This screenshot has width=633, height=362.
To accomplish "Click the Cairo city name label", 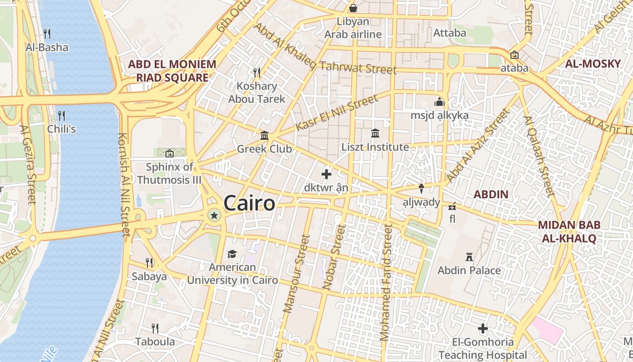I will (x=249, y=203).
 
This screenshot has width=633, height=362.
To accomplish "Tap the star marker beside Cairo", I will (x=214, y=216).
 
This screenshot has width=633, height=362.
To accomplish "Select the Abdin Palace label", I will (x=469, y=271).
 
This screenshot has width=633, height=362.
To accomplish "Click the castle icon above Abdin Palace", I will (x=469, y=257).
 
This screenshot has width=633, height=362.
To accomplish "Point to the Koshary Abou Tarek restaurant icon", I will (x=257, y=72).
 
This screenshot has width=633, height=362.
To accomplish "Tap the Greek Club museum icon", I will (x=265, y=135).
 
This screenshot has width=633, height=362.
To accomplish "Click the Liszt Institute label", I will (x=375, y=147).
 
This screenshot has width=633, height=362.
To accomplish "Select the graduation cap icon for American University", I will (x=232, y=254).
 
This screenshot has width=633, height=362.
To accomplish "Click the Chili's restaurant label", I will (x=61, y=129).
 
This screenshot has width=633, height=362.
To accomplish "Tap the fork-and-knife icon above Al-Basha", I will (x=47, y=33).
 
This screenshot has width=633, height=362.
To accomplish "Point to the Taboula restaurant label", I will (x=155, y=341).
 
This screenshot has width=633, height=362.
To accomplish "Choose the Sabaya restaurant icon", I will (x=149, y=262).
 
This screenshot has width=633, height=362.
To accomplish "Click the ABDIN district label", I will (x=491, y=195).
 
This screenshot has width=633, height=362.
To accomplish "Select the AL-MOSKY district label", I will (x=593, y=64).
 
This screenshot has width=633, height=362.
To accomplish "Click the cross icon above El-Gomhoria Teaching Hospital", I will (x=483, y=329).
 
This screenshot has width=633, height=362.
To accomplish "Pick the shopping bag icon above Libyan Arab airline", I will (x=353, y=8).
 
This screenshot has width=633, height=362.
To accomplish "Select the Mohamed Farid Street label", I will (x=386, y=283).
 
